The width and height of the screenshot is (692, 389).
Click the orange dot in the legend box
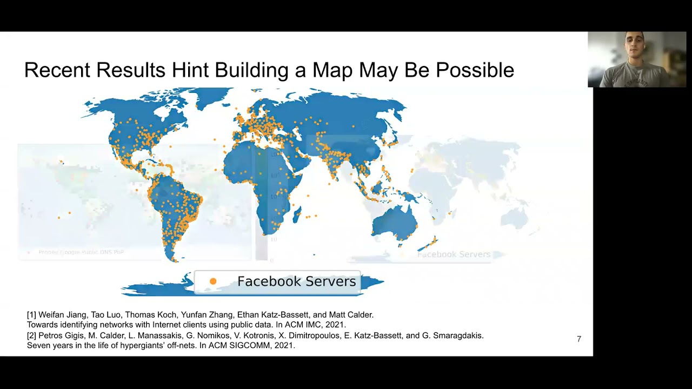click(x=213, y=281)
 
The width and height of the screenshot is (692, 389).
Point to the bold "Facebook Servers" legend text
click(x=296, y=281)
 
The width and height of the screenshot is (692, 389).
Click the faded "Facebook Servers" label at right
click(x=454, y=254)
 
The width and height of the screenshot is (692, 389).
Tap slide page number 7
click(x=579, y=339)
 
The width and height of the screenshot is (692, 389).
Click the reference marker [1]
click(x=31, y=314)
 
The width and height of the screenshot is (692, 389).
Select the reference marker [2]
click(x=31, y=336)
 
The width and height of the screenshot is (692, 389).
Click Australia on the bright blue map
click(x=394, y=222)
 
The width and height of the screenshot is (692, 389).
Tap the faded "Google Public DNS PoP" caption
click(x=81, y=252)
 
